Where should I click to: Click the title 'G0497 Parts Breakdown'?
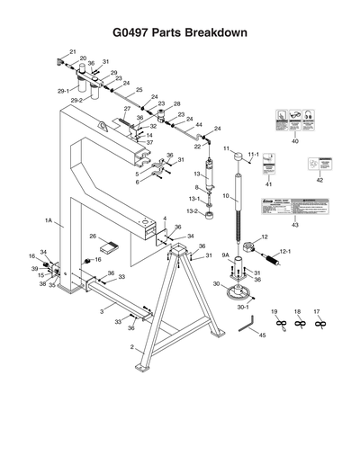pos(179,32)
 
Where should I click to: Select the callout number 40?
pos(294,141)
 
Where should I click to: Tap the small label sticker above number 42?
pos(318,164)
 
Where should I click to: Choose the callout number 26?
pos(92,237)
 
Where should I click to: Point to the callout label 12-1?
pos(285,253)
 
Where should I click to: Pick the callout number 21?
pos(73,51)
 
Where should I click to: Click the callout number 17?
pos(317,310)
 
